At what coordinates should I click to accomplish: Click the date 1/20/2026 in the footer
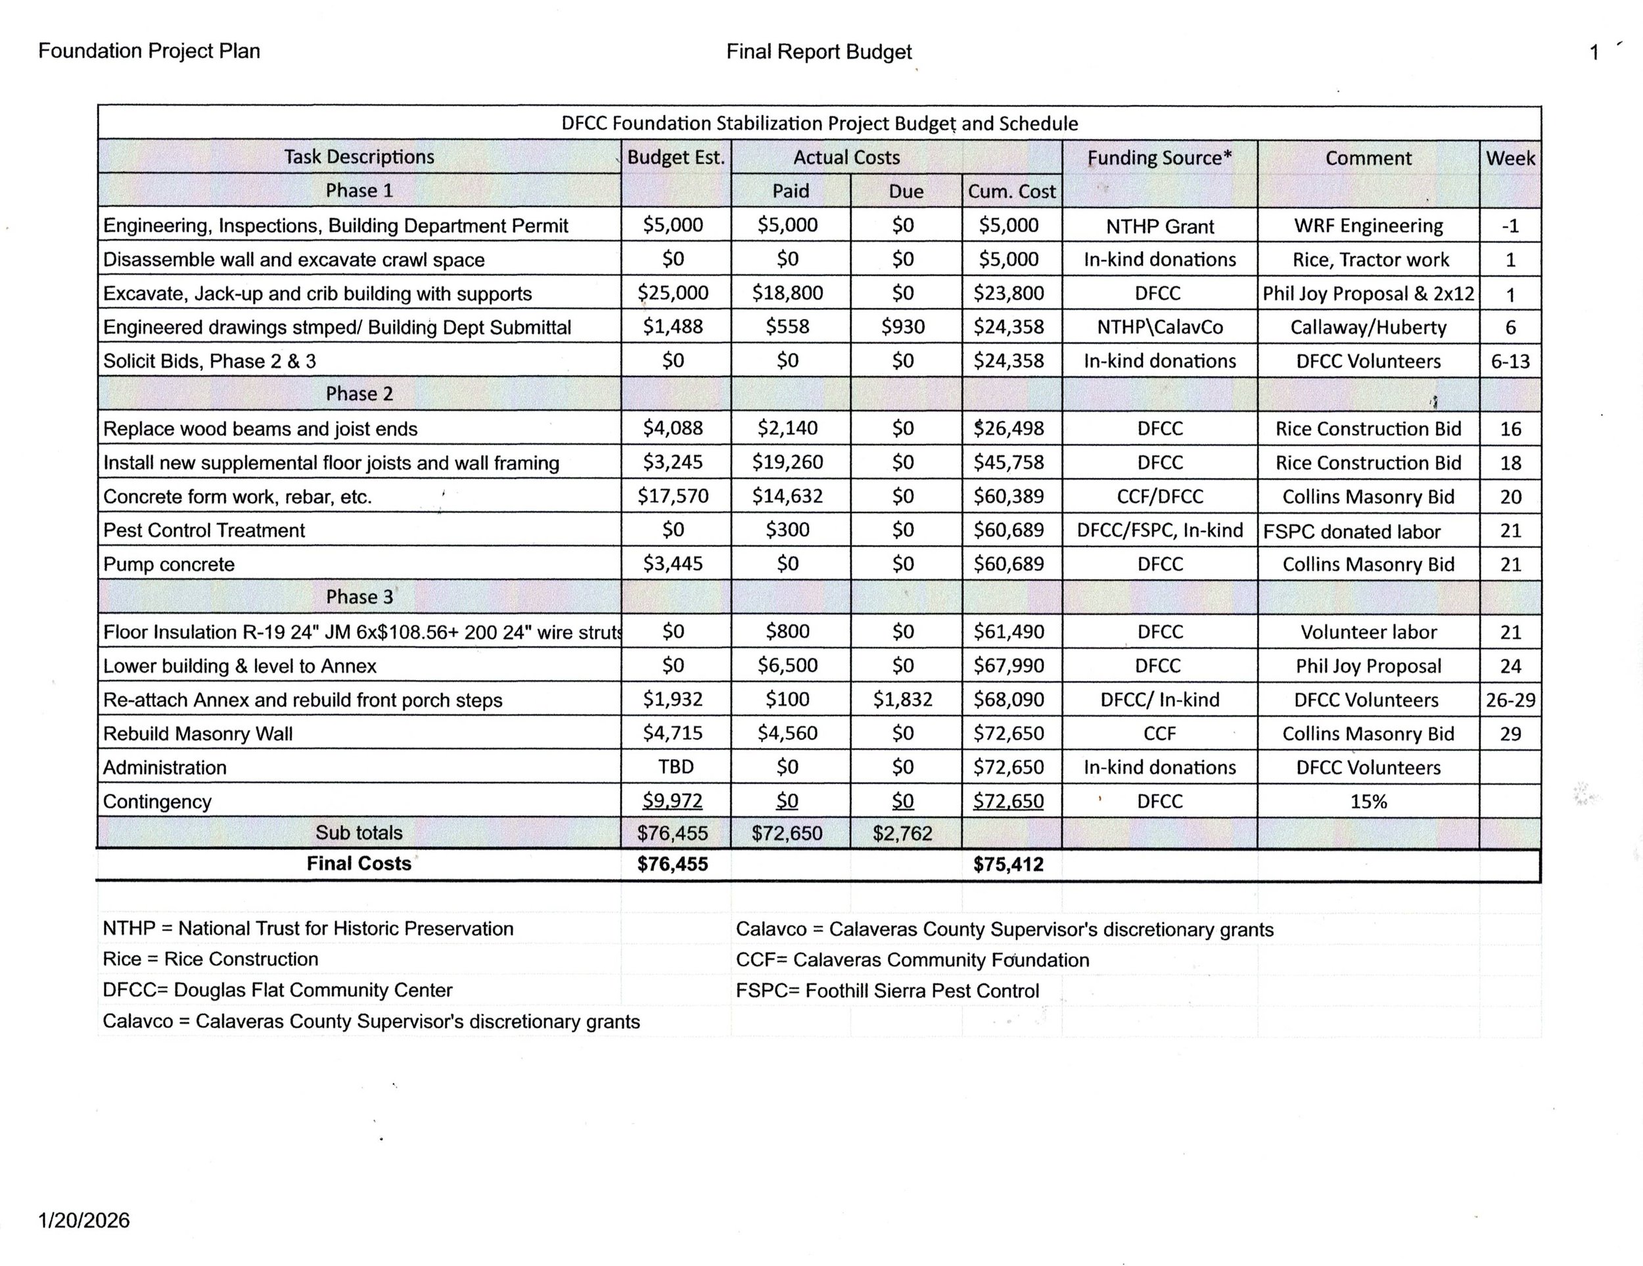[x=83, y=1220]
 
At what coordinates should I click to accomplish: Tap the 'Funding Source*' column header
[x=1159, y=158]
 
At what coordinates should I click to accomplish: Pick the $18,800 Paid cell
[x=787, y=292]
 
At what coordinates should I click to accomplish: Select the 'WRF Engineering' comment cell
[x=1368, y=225]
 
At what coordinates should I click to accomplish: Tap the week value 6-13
[x=1510, y=362]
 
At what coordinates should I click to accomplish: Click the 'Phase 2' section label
[x=359, y=394]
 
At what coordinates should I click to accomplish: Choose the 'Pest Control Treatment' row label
[x=204, y=530]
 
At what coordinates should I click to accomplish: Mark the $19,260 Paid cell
[x=787, y=462]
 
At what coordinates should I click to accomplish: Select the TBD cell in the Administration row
[x=675, y=767]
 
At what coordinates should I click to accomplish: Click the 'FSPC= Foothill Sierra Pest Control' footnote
[x=887, y=991]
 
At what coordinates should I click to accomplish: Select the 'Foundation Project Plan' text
[x=149, y=51]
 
